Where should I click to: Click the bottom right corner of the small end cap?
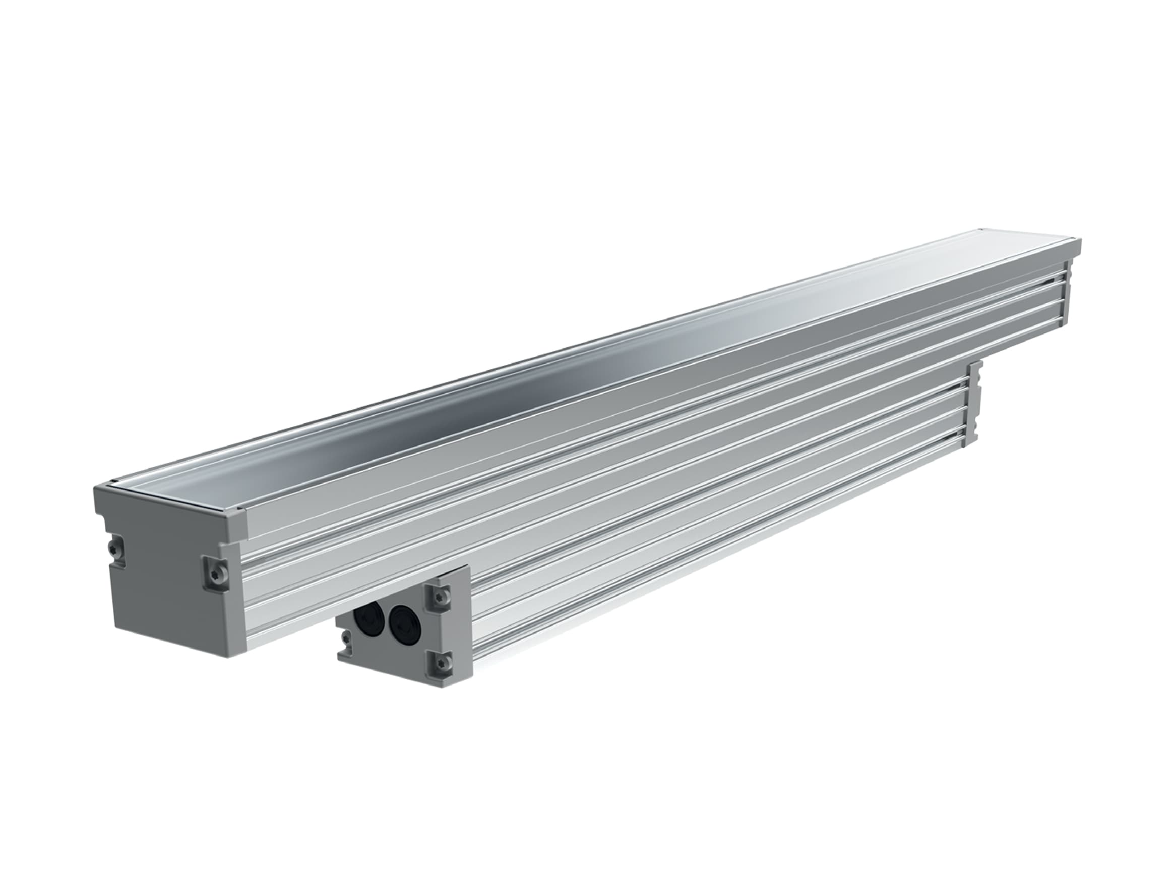click(471, 679)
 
